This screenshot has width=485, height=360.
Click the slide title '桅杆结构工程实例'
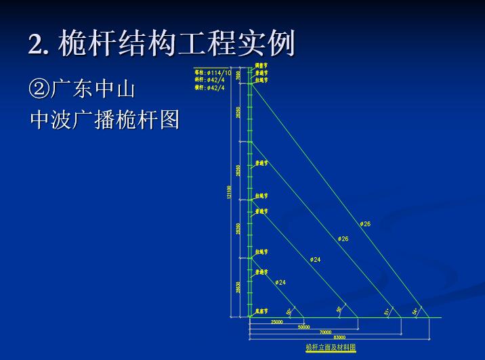coord(177,44)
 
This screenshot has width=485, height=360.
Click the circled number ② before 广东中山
coord(39,89)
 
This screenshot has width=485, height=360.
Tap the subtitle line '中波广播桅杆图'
coord(104,120)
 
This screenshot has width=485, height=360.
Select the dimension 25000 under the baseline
coord(276,322)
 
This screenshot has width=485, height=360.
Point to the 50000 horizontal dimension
coord(303,327)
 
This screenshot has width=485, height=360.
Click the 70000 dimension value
coord(325,332)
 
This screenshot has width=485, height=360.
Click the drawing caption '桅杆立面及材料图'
coord(330,347)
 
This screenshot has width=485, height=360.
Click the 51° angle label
coord(386,312)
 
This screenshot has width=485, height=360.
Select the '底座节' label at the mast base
coord(261,311)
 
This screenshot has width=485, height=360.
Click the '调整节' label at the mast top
coord(261,66)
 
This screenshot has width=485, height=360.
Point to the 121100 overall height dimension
coord(230,192)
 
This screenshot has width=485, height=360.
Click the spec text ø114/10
coord(218,72)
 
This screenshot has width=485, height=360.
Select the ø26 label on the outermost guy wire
coord(365,223)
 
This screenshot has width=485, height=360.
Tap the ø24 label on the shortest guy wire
coord(280,282)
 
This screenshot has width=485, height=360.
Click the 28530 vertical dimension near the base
coord(238,287)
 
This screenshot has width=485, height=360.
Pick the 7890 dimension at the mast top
coord(238,75)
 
